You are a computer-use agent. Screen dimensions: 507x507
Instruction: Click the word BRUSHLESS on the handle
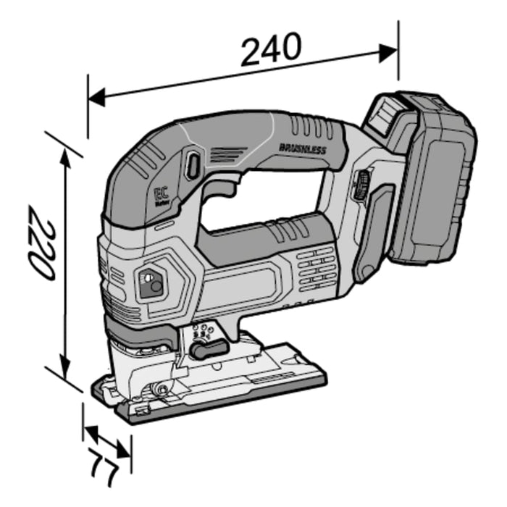point(302,148)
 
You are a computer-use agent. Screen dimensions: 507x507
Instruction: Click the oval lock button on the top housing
point(192,165)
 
